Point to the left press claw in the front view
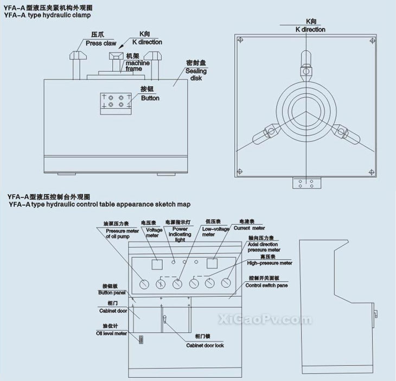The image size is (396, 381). (76, 60)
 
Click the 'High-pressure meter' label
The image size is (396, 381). (269, 263)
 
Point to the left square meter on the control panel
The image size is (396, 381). (157, 265)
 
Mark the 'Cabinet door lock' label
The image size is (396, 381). (205, 345)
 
